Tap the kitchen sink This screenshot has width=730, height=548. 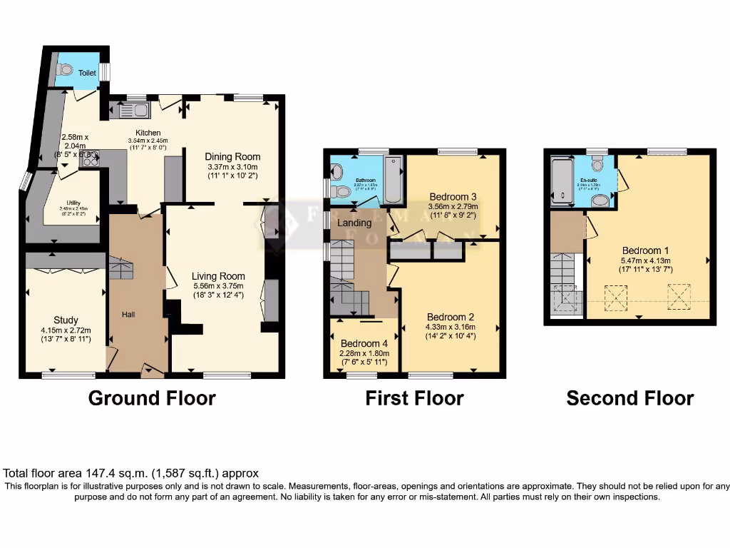coord(133,110)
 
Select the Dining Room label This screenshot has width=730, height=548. coord(232,157)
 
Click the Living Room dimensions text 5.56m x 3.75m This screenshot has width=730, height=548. coord(218,288)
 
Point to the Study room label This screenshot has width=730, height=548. coord(66,320)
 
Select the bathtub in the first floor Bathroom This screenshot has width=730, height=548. coord(393,179)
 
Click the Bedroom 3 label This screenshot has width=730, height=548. coord(453,197)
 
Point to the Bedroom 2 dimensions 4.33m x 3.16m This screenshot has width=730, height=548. coord(451,328)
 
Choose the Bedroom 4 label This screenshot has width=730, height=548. coord(364,343)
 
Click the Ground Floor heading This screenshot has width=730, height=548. coord(152,397)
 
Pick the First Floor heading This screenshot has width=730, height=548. coord(414,397)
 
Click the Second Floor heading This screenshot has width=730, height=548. coord(629,397)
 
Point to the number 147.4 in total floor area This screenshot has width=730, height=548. coord(103,473)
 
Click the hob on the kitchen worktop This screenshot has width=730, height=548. coord(91,162)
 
